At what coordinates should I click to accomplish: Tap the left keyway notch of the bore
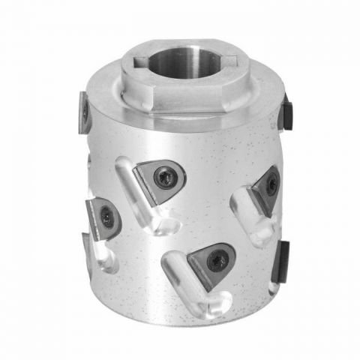140,60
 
